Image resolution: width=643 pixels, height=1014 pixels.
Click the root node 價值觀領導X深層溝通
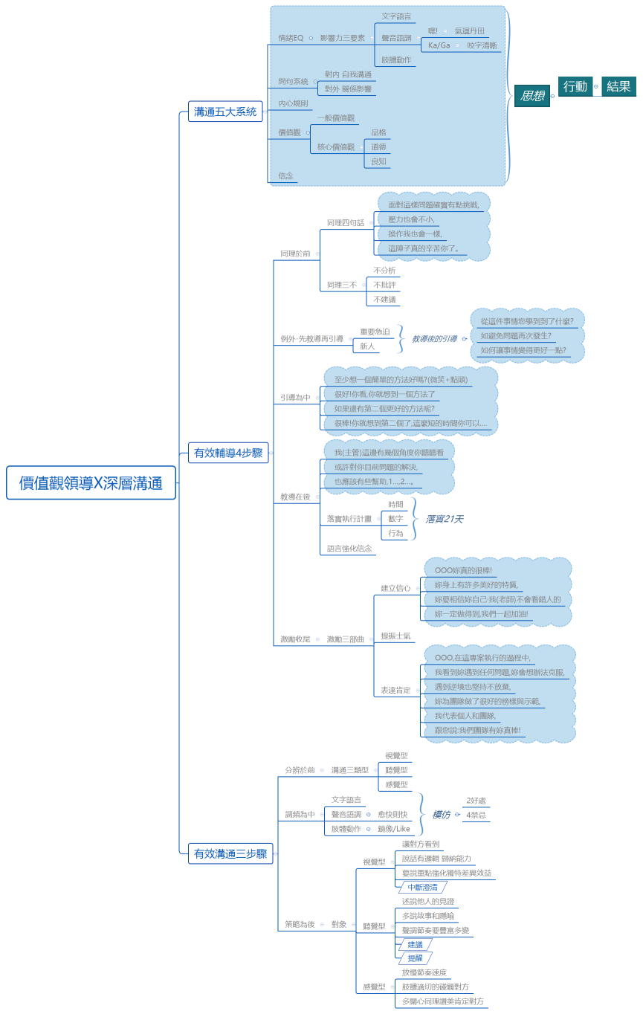(91, 482)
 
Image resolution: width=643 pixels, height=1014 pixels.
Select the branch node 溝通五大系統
(225, 112)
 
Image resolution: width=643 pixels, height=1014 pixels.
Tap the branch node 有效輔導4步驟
(228, 452)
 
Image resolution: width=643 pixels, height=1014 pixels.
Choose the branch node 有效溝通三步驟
(230, 853)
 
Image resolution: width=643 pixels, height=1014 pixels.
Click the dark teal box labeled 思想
(532, 95)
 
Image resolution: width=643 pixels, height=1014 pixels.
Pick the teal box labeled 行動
(575, 86)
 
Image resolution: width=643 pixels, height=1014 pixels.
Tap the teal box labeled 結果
(618, 86)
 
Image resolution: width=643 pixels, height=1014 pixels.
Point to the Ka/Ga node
(439, 45)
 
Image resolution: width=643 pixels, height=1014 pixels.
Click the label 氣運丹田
(470, 31)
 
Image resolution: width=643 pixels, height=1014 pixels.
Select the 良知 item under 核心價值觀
(378, 161)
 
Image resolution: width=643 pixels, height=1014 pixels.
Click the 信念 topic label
(286, 176)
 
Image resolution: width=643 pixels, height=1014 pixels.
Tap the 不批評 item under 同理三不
(384, 285)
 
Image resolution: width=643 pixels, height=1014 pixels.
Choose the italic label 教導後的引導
(434, 338)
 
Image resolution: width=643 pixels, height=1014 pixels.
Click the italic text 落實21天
(444, 519)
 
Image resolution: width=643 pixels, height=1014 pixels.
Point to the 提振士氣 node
(396, 636)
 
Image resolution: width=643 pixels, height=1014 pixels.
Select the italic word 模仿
(441, 815)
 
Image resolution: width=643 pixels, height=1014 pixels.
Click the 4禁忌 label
(476, 815)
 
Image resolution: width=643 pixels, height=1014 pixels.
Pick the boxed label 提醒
(415, 958)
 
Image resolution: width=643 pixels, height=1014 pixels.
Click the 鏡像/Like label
(393, 828)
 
